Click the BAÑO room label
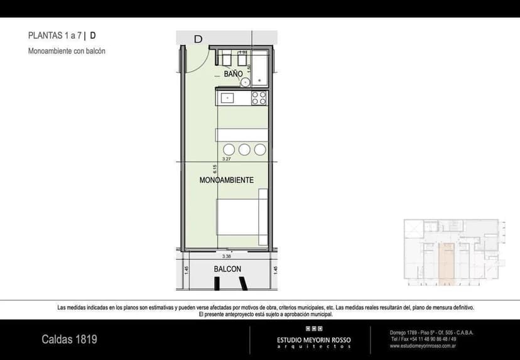pos(233,74)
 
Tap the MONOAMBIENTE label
pos(226,180)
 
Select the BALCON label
pos(227,269)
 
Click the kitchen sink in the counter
pos(226,98)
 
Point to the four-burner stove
pos(259,98)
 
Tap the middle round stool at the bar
pos(244,150)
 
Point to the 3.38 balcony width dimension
pos(226,256)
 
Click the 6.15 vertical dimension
pos(215,168)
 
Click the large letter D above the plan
pos(198,39)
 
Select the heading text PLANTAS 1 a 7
pos(55,36)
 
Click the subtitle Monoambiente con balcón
pos(67,51)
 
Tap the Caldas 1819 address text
pos(69,339)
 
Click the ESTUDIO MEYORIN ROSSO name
pos(314,340)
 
